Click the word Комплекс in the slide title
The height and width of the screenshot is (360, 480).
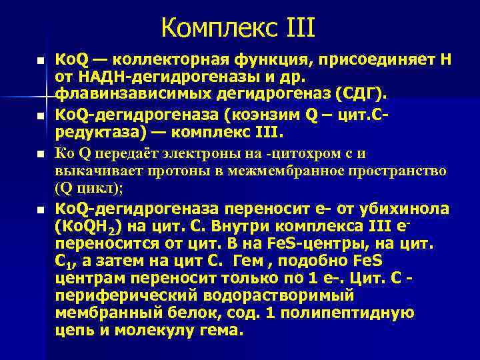point(213,29)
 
